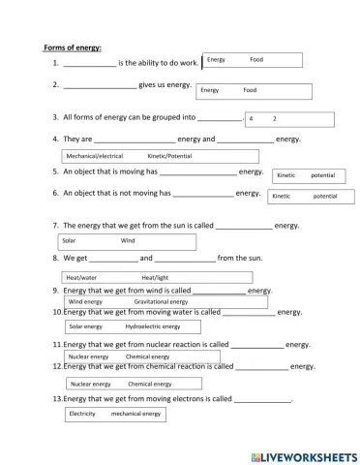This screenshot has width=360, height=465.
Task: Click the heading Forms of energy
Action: coord(73,47)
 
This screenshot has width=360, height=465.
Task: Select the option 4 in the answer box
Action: coord(252,118)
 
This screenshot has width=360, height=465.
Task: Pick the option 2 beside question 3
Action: coord(275,118)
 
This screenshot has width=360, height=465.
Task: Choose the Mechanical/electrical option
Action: coord(94,155)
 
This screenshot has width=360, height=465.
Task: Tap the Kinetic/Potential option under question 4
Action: coord(169,155)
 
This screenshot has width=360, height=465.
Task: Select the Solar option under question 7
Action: coord(69,240)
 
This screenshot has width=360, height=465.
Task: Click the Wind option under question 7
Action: coord(128,240)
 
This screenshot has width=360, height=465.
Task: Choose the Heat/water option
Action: coord(81,277)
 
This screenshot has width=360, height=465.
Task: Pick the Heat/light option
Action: coord(155,277)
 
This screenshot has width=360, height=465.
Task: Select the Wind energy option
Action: coord(85,301)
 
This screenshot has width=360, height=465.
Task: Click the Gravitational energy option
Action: coord(161,301)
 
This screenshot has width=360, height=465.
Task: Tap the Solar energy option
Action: coord(86,326)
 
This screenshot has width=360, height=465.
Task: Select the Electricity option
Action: coord(82,414)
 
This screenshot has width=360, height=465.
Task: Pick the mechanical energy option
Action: coord(135,414)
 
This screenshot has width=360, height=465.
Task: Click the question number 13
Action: coord(57,398)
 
